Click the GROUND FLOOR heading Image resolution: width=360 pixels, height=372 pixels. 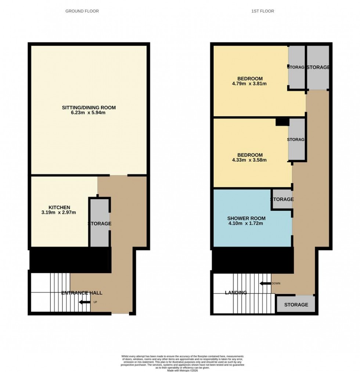[x=82, y=11]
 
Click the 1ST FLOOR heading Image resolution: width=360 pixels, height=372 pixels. [x=263, y=11]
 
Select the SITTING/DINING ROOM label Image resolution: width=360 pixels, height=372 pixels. [x=89, y=108]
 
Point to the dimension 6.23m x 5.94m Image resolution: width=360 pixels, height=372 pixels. [x=89, y=113]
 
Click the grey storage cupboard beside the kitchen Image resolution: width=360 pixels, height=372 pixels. [x=100, y=223]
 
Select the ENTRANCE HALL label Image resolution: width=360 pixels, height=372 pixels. [x=82, y=293]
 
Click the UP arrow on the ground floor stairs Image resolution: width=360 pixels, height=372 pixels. [x=85, y=302]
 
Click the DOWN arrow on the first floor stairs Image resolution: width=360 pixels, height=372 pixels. [x=265, y=283]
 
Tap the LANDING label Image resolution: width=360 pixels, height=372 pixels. [x=236, y=293]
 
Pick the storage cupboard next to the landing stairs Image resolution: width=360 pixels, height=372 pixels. [x=296, y=305]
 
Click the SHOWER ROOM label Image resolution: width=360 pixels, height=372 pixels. [x=246, y=218]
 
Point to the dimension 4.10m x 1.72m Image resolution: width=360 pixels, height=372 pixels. [x=246, y=223]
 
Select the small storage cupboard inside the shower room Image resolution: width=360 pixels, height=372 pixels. [x=282, y=199]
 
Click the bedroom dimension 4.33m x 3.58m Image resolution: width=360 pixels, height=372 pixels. [x=249, y=160]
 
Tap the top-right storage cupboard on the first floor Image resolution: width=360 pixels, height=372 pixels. [x=318, y=68]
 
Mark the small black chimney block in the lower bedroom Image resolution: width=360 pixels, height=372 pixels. [x=282, y=122]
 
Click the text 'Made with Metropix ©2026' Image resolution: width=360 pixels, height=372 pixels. [x=183, y=368]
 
